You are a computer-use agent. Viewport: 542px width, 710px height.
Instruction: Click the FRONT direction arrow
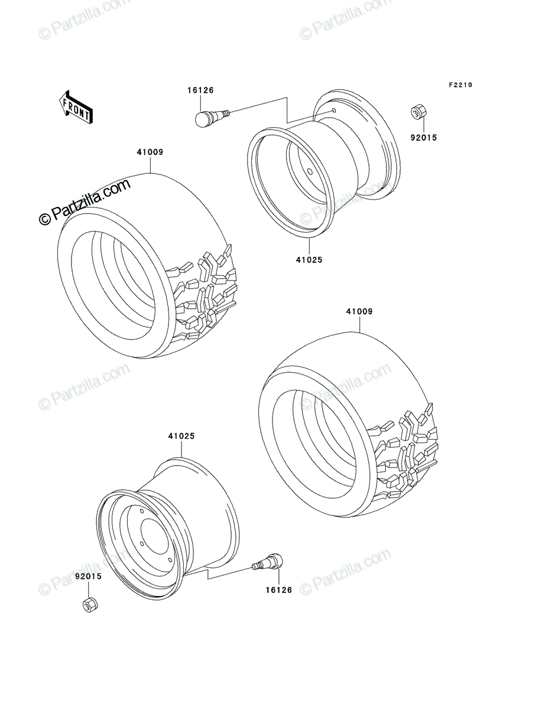76,107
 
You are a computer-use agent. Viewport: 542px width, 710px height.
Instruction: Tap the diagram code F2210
460,85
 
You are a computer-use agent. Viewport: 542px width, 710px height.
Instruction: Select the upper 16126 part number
200,91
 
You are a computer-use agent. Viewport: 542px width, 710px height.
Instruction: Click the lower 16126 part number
279,590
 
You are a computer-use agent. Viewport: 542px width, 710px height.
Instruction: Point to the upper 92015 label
423,138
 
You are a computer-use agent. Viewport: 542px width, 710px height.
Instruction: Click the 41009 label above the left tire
150,152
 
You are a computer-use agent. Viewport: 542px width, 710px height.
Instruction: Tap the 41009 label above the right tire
359,311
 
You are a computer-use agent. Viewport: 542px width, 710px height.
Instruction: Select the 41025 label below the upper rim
309,260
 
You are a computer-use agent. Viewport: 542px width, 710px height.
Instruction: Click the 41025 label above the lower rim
181,436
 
